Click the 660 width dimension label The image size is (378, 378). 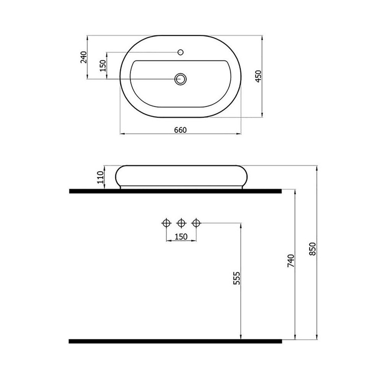[181, 130]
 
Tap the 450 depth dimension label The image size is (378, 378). [258, 76]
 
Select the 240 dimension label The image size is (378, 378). [83, 57]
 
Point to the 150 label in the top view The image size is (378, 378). [103, 66]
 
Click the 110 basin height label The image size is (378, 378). [100, 177]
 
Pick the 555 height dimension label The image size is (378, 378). [237, 278]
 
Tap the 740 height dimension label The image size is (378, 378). [291, 261]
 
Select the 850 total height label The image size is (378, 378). [312, 249]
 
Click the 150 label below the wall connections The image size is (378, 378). [181, 237]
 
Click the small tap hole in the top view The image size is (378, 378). [181, 52]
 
